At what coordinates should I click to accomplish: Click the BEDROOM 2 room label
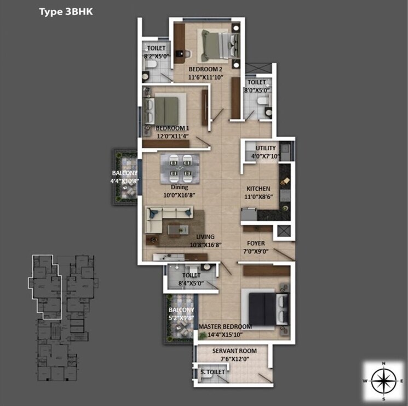coord(205,70)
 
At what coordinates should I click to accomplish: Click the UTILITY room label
coord(266,149)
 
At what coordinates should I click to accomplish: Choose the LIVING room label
coord(202,237)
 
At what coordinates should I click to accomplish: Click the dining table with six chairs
coord(180,168)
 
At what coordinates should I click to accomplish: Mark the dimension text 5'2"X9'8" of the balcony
coord(181,317)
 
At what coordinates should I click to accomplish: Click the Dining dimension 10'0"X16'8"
coord(180,195)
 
